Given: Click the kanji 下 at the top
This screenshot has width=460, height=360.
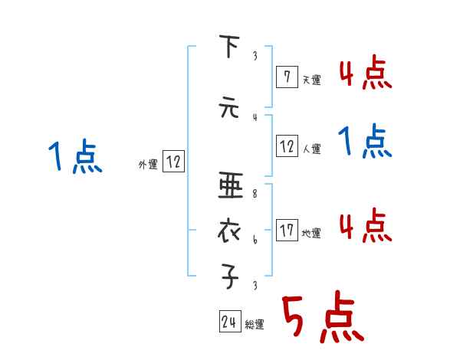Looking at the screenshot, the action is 228,47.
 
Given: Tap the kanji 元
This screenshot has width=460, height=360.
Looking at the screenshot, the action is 228,108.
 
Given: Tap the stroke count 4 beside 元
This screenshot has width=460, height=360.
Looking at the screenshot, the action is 255,117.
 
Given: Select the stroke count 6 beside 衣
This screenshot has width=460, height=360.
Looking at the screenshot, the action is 255,241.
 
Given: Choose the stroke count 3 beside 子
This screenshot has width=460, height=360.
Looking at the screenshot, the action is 255,286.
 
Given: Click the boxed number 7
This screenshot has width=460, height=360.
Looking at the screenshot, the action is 286,76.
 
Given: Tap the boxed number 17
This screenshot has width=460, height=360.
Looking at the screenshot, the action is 287,230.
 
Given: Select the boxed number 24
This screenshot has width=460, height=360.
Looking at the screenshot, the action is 228,322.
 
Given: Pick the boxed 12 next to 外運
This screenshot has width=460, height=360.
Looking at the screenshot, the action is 173,162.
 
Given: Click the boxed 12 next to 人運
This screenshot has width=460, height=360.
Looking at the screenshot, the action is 287,146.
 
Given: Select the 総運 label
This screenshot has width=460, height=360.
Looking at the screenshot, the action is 254,325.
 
